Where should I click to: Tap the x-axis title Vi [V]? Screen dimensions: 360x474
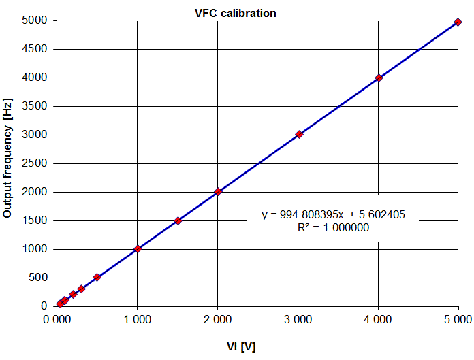[x=241, y=346]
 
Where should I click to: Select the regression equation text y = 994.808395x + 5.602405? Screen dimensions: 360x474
[x=334, y=215]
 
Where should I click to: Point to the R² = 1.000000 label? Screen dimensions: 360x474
[x=334, y=228]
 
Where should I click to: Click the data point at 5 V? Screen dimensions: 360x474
[x=458, y=22]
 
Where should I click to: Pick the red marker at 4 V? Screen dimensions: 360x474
[x=379, y=78]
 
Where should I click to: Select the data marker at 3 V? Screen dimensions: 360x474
[x=298, y=135]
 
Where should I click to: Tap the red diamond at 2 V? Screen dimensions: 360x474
[x=218, y=192]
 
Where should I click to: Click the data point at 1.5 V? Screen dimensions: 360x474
[x=178, y=220]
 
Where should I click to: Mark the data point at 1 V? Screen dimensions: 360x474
[x=138, y=249]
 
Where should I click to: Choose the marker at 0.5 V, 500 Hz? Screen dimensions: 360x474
[x=97, y=277]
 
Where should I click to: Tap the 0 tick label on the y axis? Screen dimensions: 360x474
[x=43, y=306]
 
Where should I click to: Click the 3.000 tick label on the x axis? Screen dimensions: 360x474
[x=298, y=320]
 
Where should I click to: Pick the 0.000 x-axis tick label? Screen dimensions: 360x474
[x=57, y=320]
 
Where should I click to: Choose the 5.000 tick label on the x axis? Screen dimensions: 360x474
[x=458, y=320]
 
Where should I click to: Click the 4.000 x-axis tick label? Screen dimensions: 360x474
[x=378, y=320]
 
